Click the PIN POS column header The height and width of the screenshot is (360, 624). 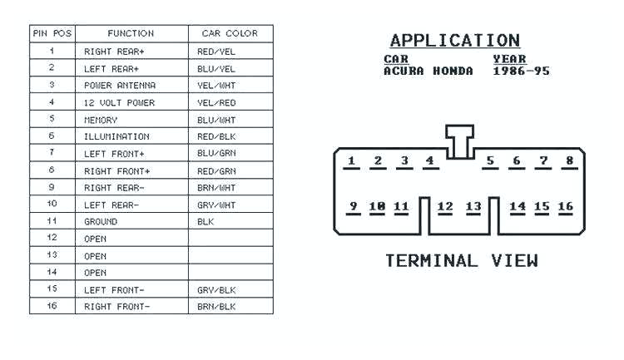(x=52, y=33)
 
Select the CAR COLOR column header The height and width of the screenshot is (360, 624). (x=230, y=33)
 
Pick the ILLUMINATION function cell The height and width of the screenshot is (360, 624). (x=116, y=136)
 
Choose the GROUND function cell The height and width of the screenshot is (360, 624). (x=101, y=222)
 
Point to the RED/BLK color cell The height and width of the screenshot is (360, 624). (x=216, y=136)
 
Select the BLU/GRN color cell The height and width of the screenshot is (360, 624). (x=216, y=154)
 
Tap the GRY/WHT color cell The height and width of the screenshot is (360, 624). (x=216, y=205)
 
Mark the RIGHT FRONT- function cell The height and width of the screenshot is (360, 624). (x=117, y=307)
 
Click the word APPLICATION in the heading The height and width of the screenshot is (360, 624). (x=454, y=41)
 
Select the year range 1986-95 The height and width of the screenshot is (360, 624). (x=521, y=72)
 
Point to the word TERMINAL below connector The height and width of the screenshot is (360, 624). (x=432, y=261)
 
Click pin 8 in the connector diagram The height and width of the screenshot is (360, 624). (x=570, y=160)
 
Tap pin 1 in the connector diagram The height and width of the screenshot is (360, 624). (x=352, y=160)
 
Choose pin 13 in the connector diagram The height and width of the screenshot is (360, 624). (x=473, y=206)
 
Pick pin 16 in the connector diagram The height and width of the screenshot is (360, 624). (x=566, y=206)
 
